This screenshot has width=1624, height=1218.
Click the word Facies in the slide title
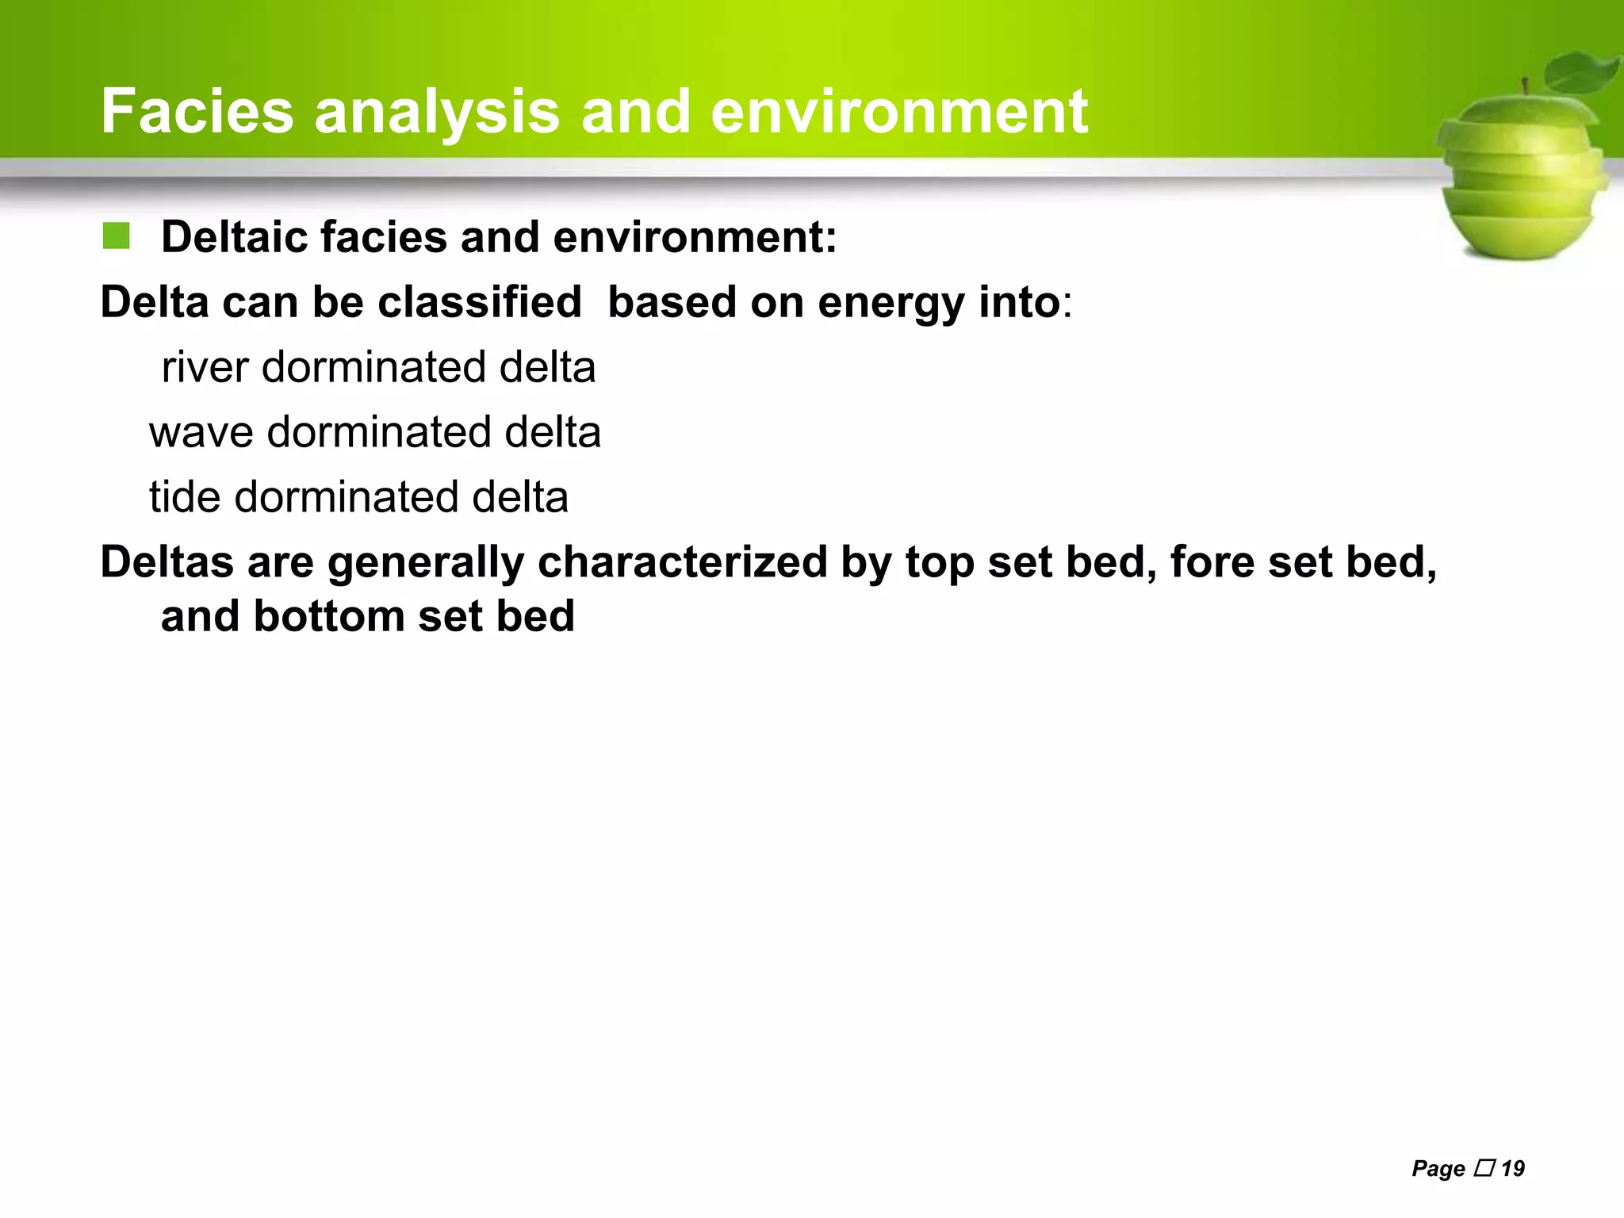(197, 112)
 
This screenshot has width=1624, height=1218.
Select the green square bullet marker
(116, 236)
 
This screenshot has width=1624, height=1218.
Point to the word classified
(479, 302)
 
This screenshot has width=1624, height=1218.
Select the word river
(205, 368)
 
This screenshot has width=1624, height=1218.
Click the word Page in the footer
(1438, 1168)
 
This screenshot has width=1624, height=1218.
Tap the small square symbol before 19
(1484, 1167)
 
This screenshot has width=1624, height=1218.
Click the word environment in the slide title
(898, 112)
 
